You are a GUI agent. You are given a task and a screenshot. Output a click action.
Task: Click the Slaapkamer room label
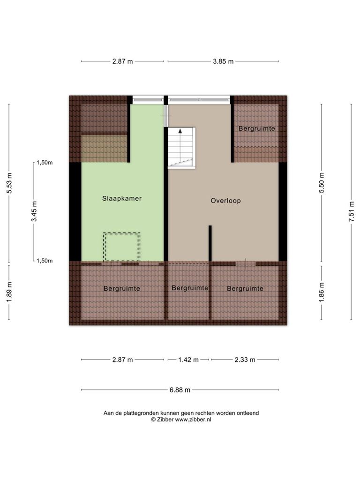pos(122,198)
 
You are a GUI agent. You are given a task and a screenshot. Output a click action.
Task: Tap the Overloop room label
pos(225,201)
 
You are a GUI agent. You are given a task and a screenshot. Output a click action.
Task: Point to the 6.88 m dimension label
pos(180,390)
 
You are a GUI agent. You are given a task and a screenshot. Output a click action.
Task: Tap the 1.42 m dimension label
pos(188,360)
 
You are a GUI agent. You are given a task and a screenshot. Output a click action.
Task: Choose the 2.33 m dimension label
pos(245,360)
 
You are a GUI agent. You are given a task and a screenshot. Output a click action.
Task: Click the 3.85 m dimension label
pos(223,61)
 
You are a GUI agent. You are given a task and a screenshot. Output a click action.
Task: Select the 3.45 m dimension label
pos(34,211)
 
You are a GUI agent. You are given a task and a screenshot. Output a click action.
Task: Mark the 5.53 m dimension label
pos(9,183)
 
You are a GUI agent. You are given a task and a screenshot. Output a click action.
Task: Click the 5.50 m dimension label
pos(322,183)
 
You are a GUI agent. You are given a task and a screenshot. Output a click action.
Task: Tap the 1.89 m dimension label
pos(9,292)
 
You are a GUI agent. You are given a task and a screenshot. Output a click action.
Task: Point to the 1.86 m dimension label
pos(322,292)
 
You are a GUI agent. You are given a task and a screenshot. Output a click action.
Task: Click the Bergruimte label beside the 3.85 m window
pos(257,128)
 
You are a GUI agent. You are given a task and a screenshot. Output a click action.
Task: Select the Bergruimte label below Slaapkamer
pos(122,289)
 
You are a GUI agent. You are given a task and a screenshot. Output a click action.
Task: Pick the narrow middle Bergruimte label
pos(190,288)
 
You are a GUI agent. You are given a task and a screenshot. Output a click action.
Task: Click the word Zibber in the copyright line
pos(165,420)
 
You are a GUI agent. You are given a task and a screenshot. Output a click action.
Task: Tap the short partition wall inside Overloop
pos(210,243)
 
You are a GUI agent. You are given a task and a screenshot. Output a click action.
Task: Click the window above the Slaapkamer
pos(148,100)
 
